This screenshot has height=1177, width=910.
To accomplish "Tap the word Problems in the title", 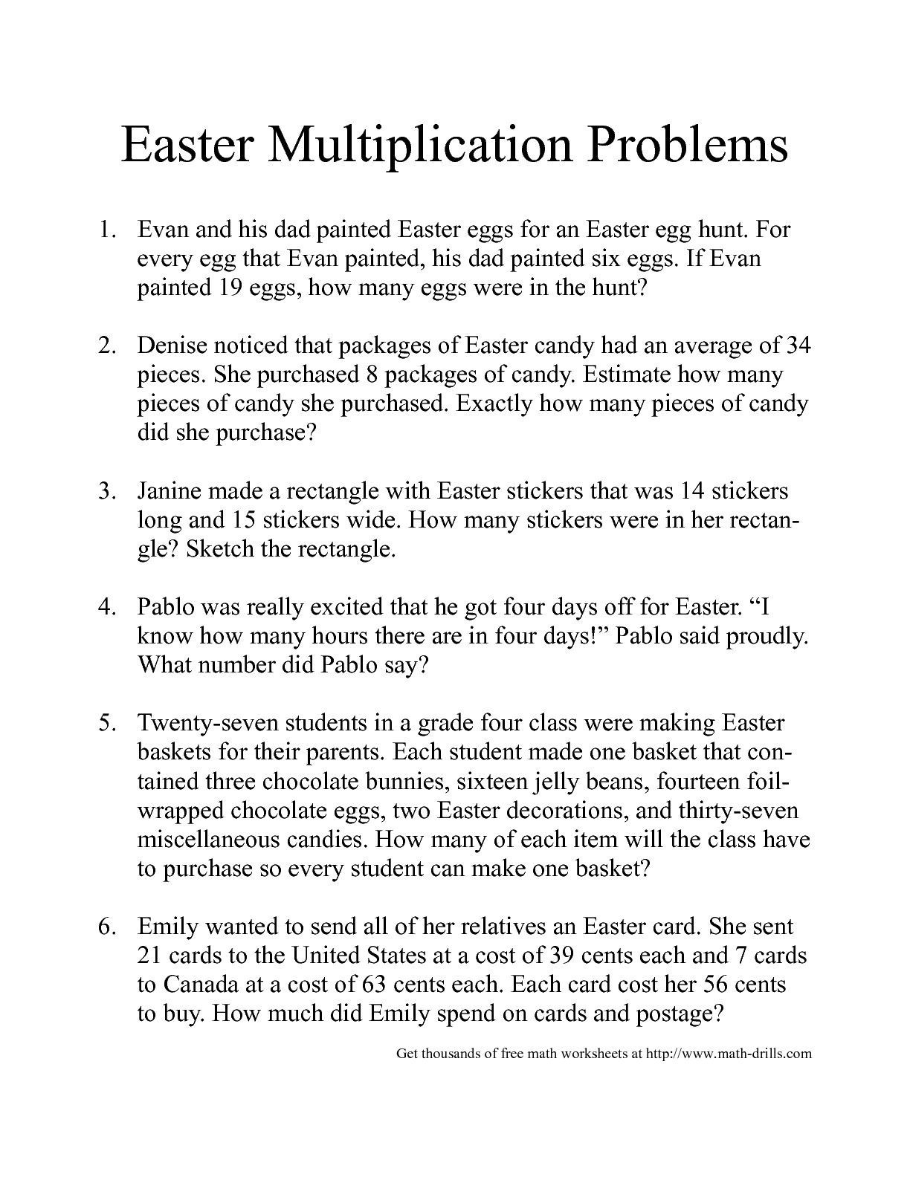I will point(688,145).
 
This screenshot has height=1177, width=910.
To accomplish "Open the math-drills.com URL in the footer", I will point(729,1053).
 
